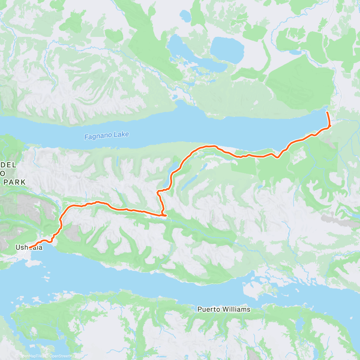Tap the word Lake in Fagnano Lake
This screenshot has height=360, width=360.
coord(121,134)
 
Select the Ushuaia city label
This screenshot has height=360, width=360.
coord(29,247)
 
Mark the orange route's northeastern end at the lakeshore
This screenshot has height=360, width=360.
coord(327,112)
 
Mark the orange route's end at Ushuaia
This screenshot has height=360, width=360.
coord(30,248)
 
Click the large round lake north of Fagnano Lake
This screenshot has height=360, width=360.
coord(227,49)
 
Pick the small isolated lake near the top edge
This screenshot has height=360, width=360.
coord(185,14)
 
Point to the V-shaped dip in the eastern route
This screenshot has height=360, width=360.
coord(278,157)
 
